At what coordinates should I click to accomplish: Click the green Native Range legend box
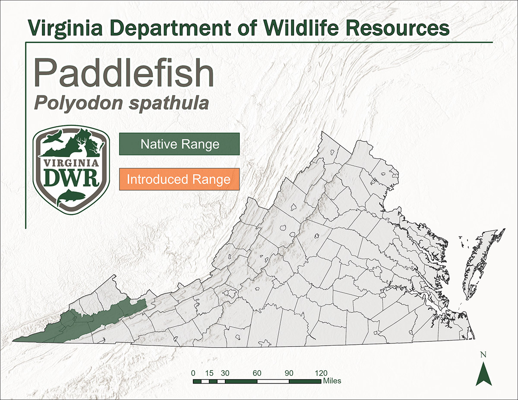coord(179,144)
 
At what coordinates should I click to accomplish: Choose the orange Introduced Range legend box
coord(179,179)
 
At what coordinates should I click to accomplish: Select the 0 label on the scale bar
coord(193,373)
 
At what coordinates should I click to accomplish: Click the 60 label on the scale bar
coord(257,373)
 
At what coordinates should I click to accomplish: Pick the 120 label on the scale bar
coord(321,373)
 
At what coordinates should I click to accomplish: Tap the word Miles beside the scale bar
coord(332,381)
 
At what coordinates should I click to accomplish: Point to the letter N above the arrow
coord(483,355)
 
